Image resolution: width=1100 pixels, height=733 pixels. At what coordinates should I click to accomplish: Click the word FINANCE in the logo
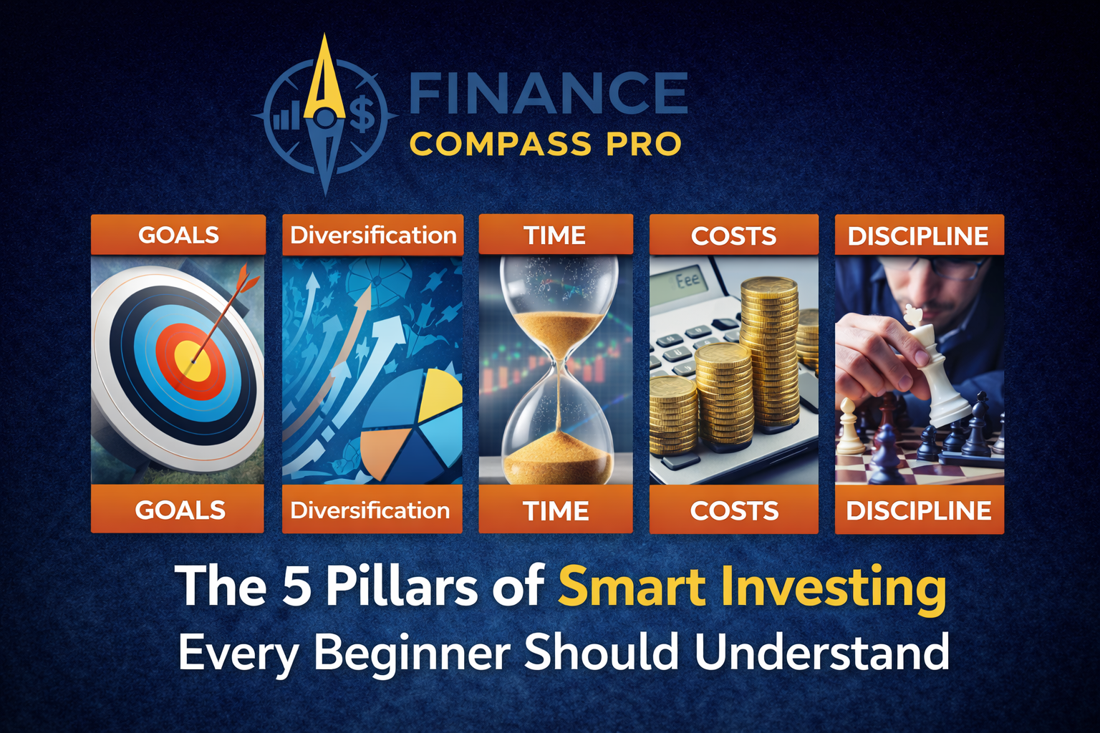click(x=548, y=92)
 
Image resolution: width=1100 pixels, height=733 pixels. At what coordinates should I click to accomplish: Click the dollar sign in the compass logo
click(x=363, y=113)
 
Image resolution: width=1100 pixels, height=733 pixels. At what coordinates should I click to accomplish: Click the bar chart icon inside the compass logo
click(x=285, y=116)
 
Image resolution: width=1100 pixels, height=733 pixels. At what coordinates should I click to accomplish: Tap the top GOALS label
click(x=178, y=236)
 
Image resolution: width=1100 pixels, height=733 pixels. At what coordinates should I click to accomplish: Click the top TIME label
click(x=555, y=236)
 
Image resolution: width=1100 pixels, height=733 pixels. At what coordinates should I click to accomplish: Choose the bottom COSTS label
click(x=734, y=510)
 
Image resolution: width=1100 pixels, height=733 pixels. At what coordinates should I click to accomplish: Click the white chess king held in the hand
click(x=930, y=364)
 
